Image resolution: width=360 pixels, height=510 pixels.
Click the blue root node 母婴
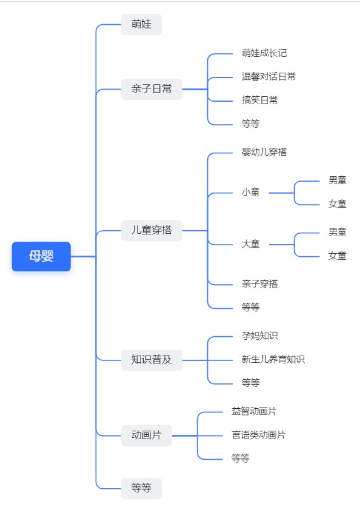(x=41, y=256)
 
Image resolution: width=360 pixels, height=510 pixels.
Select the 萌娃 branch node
(x=142, y=24)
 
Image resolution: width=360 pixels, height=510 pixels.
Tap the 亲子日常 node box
(x=152, y=89)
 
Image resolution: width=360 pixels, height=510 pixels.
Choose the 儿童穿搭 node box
(x=152, y=231)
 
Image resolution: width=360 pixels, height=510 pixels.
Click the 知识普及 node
(x=152, y=360)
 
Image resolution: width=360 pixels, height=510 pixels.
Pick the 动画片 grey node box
(x=147, y=435)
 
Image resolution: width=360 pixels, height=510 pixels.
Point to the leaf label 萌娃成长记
(x=264, y=53)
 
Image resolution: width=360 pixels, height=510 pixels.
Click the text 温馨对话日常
(x=269, y=77)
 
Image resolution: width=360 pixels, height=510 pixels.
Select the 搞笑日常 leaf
(x=260, y=100)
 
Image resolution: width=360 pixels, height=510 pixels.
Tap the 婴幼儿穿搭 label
(x=264, y=152)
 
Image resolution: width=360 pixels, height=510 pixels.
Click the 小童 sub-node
(x=251, y=192)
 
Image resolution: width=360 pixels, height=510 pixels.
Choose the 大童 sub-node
(x=251, y=244)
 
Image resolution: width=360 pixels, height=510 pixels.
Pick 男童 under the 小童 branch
(x=338, y=180)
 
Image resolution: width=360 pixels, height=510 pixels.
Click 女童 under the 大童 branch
(x=338, y=256)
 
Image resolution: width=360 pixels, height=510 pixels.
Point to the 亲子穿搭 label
(x=260, y=284)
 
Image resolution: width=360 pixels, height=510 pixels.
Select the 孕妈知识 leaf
(x=260, y=336)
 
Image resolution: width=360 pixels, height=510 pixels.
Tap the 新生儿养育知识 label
(x=273, y=359)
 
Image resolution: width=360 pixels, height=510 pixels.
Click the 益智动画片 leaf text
(x=254, y=411)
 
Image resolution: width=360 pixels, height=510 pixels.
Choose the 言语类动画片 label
(x=258, y=435)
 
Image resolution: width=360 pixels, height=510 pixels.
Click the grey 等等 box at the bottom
(x=142, y=489)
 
